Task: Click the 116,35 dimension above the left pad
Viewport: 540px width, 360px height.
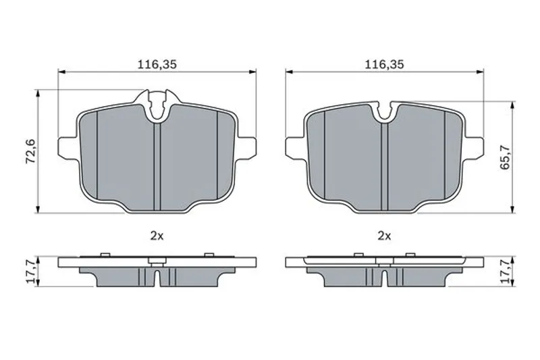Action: pos(157,64)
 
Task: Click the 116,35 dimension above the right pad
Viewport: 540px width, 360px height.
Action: pos(384,64)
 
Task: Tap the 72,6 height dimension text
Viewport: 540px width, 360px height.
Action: pos(31,151)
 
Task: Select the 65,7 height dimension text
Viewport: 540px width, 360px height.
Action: pos(505,157)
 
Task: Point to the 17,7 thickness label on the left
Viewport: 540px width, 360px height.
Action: pos(31,272)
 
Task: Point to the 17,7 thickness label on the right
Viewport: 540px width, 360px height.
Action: pos(505,272)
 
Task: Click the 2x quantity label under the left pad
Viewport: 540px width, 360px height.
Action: pos(157,236)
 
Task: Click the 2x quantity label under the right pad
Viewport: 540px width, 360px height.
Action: pos(384,236)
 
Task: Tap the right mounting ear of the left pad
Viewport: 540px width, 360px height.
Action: pos(246,148)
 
